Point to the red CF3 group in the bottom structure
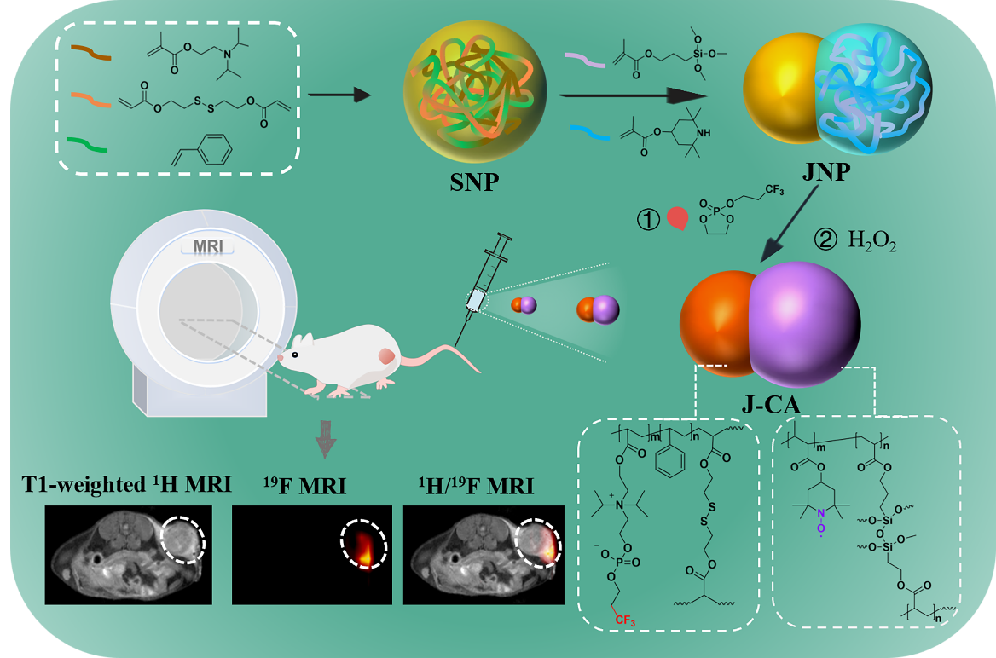click(x=626, y=619)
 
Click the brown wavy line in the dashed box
click(x=90, y=54)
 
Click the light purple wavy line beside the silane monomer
click(x=586, y=59)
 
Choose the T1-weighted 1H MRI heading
click(x=126, y=487)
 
